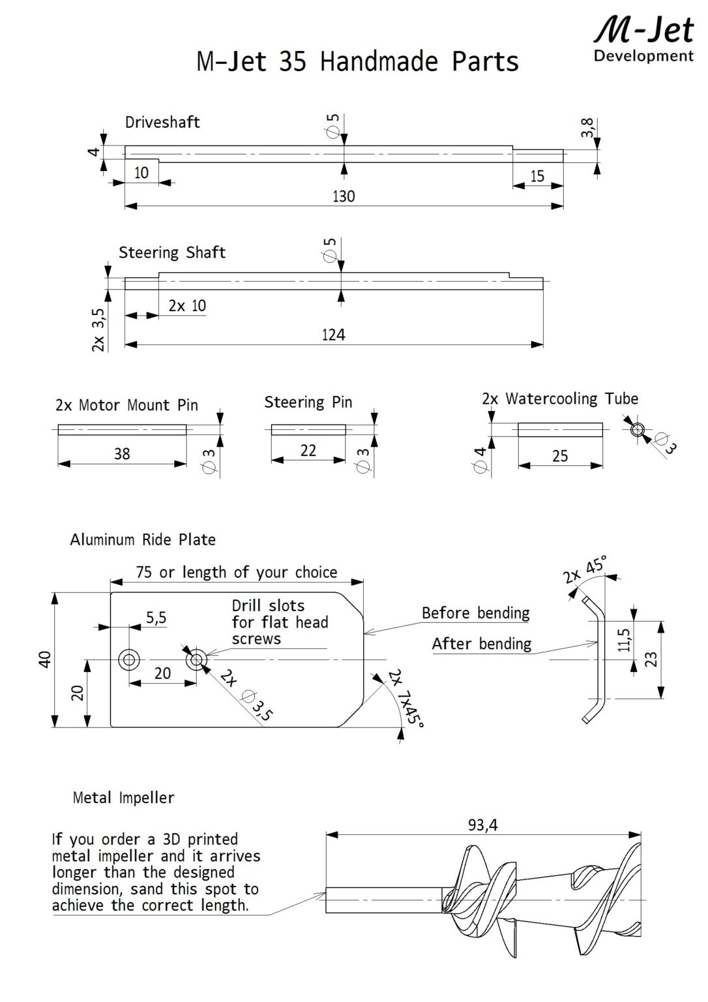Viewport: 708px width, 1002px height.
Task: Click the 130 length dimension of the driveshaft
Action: (x=344, y=196)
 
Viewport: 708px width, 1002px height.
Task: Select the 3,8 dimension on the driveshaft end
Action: (x=587, y=128)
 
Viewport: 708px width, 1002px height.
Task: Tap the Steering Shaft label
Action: (x=172, y=252)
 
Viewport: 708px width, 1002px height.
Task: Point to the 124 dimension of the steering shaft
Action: (x=333, y=335)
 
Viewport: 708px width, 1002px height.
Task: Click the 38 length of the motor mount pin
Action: (x=122, y=453)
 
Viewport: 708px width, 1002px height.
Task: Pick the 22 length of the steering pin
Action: (x=308, y=450)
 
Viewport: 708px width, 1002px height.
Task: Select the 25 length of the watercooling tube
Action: (x=560, y=455)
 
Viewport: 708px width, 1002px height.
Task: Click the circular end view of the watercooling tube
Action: (x=637, y=429)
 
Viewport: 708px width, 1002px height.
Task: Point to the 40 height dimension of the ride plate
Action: (x=44, y=660)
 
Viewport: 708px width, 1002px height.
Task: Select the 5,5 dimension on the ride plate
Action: (x=156, y=617)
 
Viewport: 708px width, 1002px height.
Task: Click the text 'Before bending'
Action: (x=475, y=613)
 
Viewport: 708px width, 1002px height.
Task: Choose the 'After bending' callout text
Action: (x=481, y=644)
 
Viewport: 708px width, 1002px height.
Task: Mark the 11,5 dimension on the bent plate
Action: (x=624, y=640)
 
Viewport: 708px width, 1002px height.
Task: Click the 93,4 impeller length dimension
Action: (x=482, y=825)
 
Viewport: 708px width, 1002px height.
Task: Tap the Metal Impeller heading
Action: (x=123, y=797)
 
